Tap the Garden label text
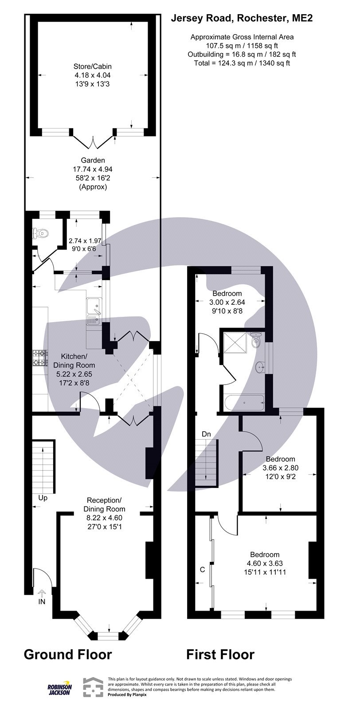[x=93, y=160]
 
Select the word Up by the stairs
[x=43, y=498]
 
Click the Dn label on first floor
[x=206, y=434]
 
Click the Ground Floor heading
[x=67, y=654]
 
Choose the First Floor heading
[x=220, y=654]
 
